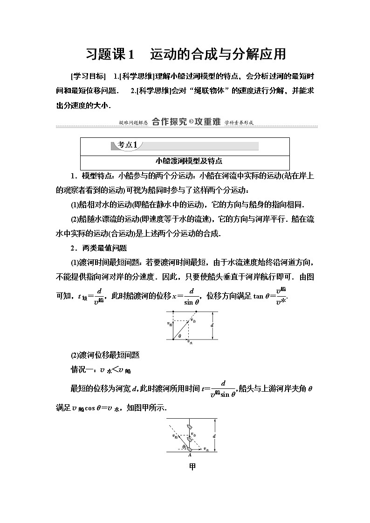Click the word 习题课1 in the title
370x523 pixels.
(110, 54)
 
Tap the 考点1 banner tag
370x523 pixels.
(127, 145)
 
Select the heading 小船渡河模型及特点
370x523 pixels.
(185, 161)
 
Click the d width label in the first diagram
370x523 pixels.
(212, 325)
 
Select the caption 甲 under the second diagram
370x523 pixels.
(192, 466)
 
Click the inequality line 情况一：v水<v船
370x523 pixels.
(100, 370)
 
